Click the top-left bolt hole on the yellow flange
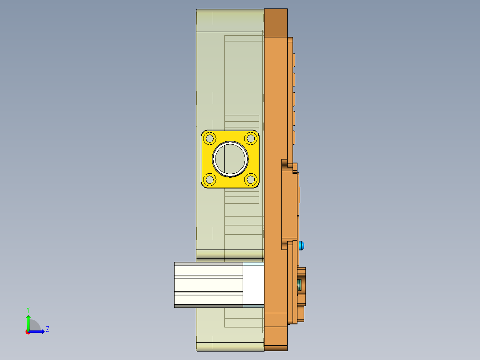(210, 138)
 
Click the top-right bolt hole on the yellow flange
(251, 138)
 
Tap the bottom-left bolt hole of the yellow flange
(210, 180)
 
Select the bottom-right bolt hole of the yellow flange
(251, 180)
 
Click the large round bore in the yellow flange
(230, 159)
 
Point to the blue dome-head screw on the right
(302, 245)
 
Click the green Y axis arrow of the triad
(28, 322)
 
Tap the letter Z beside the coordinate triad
(47, 329)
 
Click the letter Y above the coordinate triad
(28, 309)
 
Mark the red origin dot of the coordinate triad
(28, 332)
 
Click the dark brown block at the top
(276, 22)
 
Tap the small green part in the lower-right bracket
(300, 284)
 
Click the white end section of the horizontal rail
(254, 284)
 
